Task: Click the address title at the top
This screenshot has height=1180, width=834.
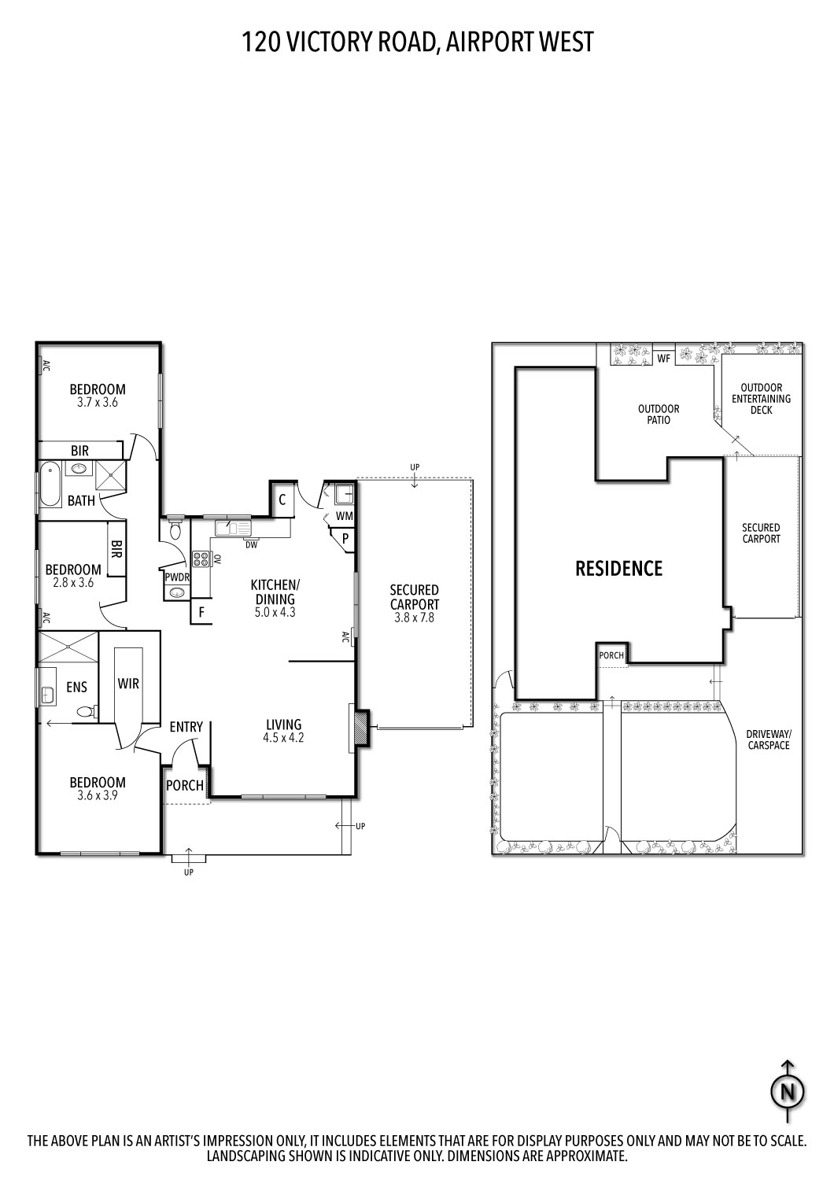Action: click(x=417, y=41)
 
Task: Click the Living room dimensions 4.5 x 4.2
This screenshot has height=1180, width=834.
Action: click(x=283, y=738)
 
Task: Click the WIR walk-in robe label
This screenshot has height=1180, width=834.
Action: click(x=128, y=683)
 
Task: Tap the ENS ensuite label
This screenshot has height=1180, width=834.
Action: click(x=76, y=688)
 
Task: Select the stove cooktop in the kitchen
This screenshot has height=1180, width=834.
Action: click(x=201, y=559)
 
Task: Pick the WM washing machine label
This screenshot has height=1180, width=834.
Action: click(x=345, y=516)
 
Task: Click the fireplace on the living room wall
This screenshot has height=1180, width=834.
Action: click(x=360, y=728)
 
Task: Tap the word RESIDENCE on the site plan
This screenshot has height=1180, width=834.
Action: click(x=618, y=568)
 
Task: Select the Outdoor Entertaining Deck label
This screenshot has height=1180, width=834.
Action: click(x=761, y=399)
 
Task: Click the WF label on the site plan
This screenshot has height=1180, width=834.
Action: click(x=663, y=359)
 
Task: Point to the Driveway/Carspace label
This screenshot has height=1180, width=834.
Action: click(x=768, y=739)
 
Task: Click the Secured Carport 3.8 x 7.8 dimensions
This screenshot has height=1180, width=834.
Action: click(x=414, y=618)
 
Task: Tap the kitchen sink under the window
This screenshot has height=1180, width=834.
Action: click(x=232, y=528)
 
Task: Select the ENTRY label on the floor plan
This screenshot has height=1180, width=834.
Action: click(x=186, y=727)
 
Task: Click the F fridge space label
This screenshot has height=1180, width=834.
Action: click(x=201, y=611)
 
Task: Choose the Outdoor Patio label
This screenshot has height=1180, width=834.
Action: click(x=659, y=415)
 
